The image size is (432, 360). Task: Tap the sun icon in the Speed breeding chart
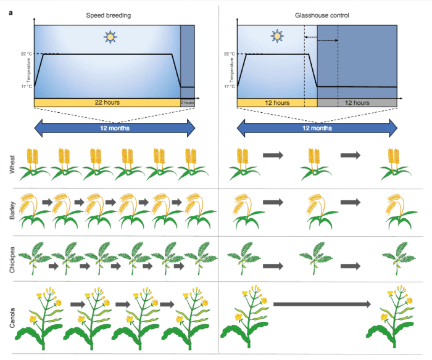tap(110, 38)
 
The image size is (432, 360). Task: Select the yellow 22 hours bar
tap(107, 102)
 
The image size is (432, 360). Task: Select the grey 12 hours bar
tap(356, 102)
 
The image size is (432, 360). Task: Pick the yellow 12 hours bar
tap(276, 102)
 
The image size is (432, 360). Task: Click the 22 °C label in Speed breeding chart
tap(27, 54)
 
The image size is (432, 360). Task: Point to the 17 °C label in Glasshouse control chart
tap(229, 87)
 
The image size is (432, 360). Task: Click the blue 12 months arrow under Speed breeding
tap(114, 128)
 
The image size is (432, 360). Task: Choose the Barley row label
tap(12, 210)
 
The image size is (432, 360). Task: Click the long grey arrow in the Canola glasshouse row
tap(322, 303)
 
